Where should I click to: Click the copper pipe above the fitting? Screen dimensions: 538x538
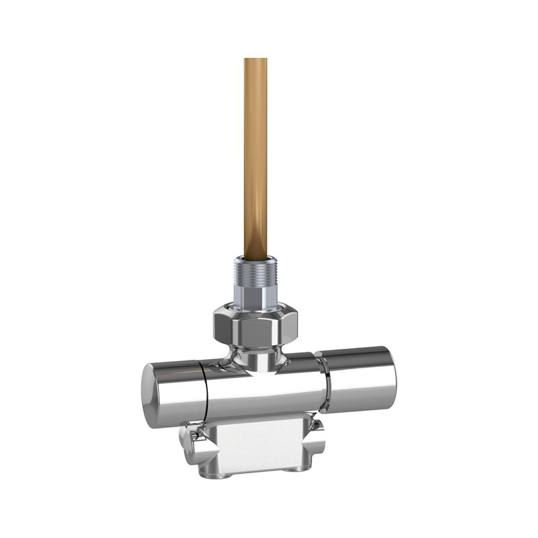256,155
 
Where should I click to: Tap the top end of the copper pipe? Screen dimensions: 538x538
256,61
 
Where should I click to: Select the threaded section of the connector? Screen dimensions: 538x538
256,272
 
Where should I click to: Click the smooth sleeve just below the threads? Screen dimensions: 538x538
256,295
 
